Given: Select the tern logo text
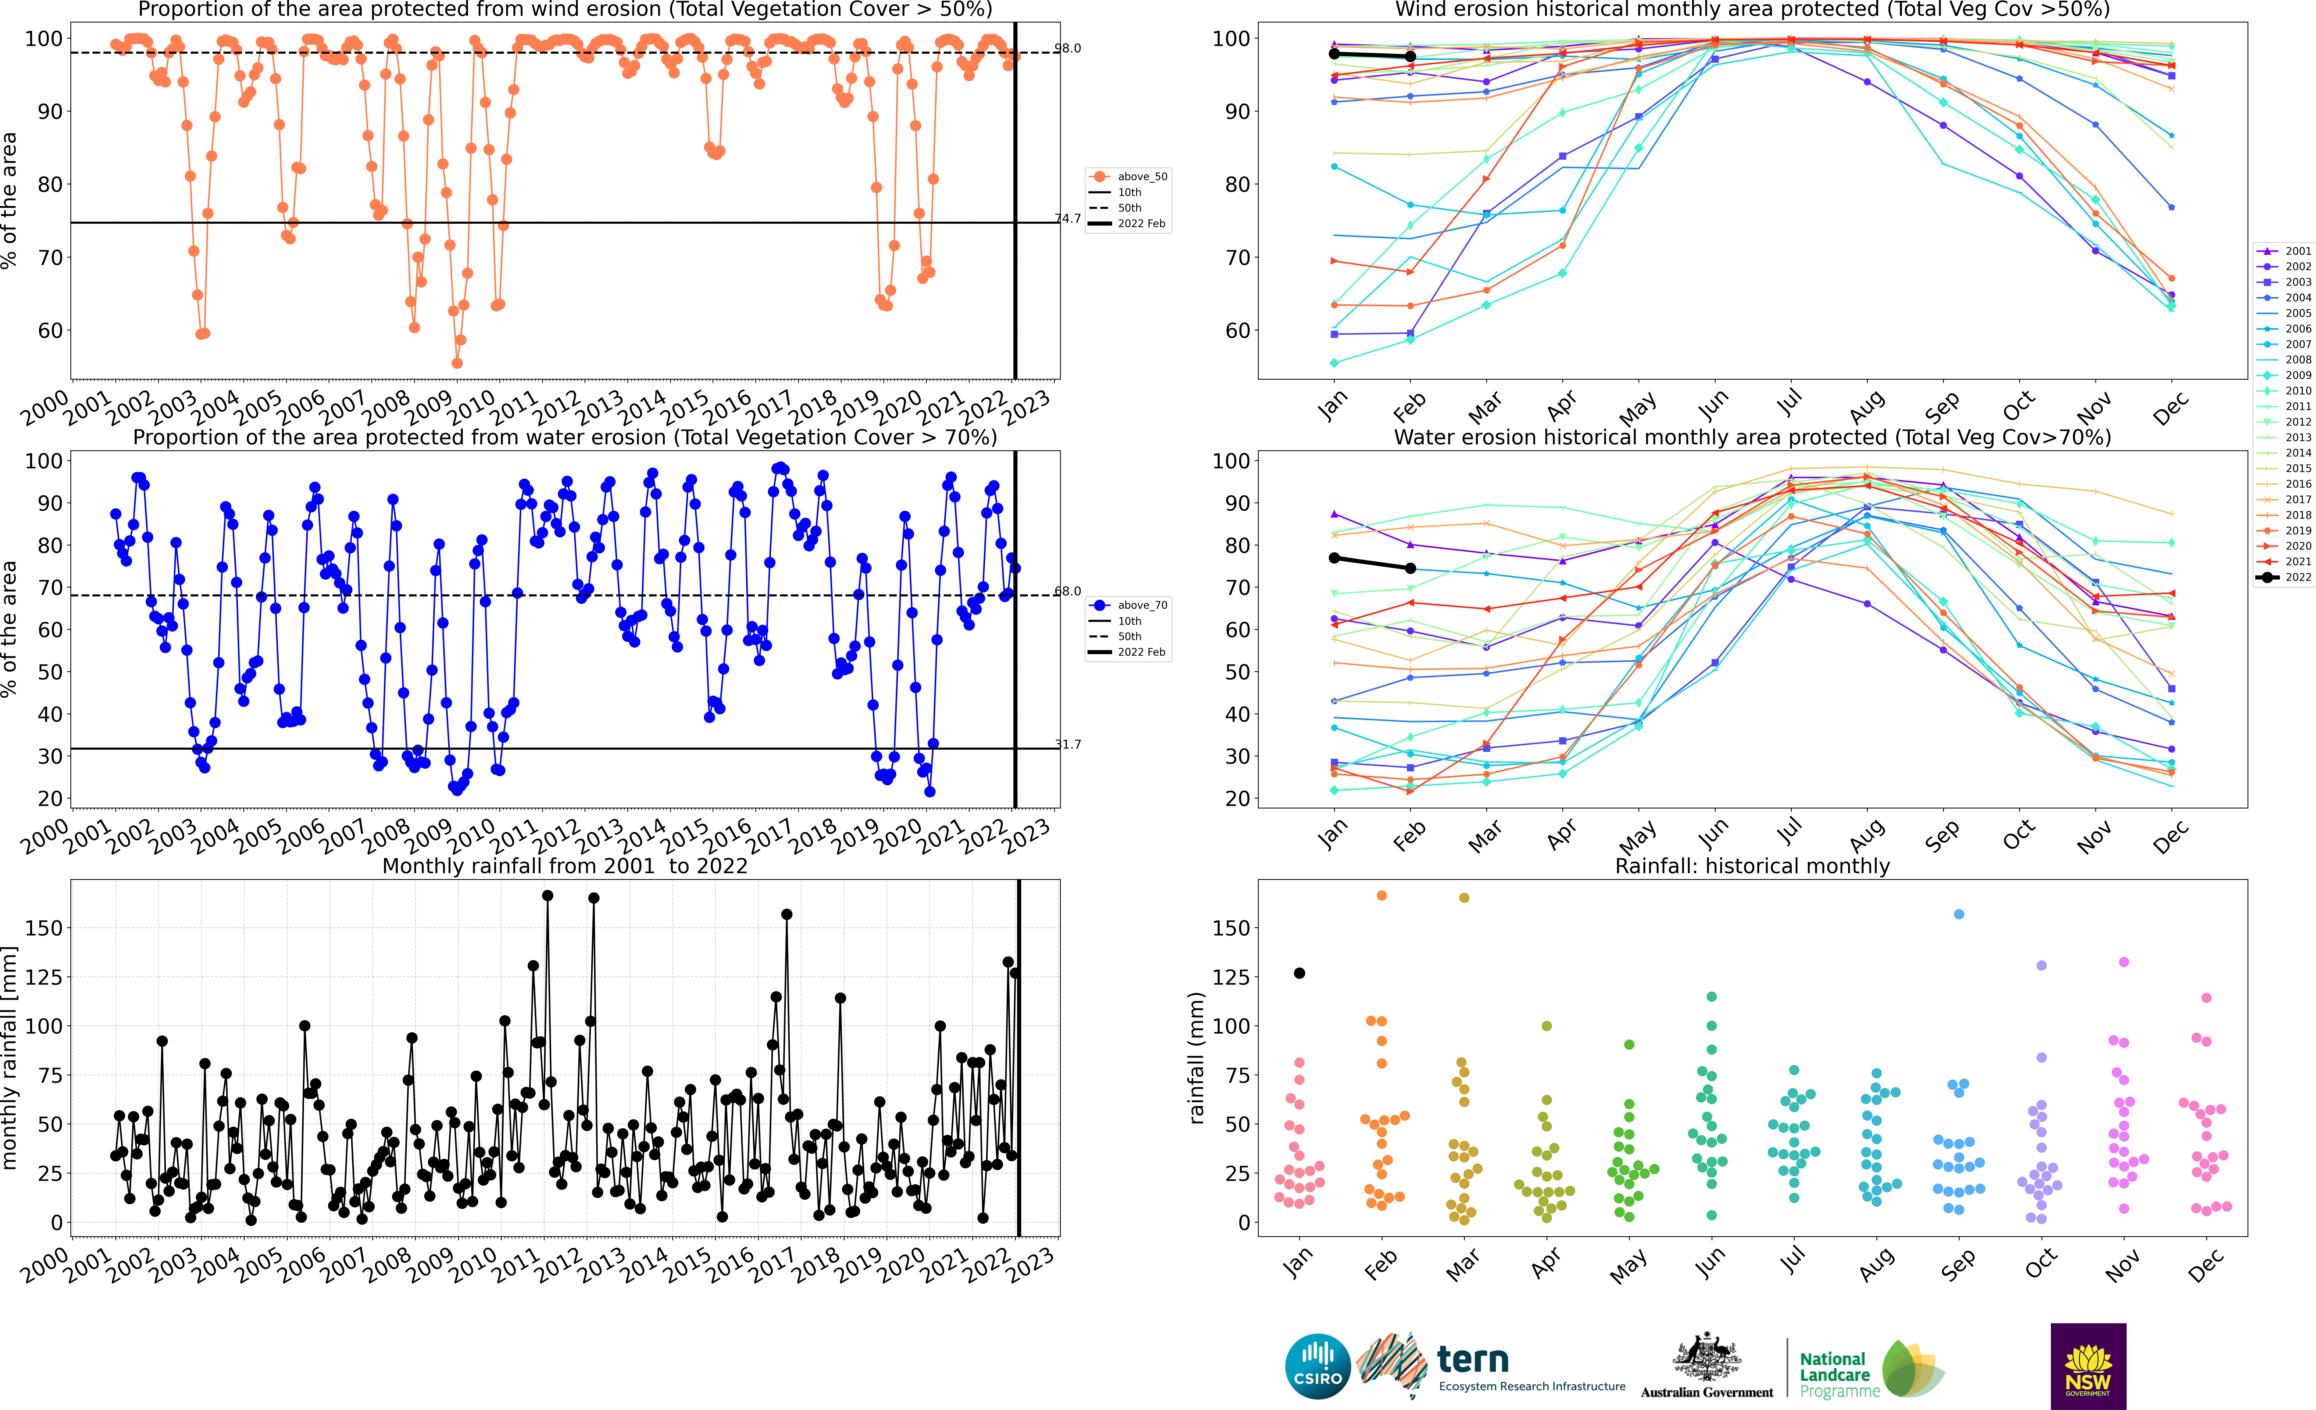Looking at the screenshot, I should pyautogui.click(x=1473, y=1359).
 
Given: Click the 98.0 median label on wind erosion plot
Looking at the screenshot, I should pyautogui.click(x=1068, y=48).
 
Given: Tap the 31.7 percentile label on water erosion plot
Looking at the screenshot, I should pyautogui.click(x=1068, y=744).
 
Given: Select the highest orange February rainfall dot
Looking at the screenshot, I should pyautogui.click(x=1382, y=896).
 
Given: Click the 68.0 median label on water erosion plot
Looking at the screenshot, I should pyautogui.click(x=1068, y=591).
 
